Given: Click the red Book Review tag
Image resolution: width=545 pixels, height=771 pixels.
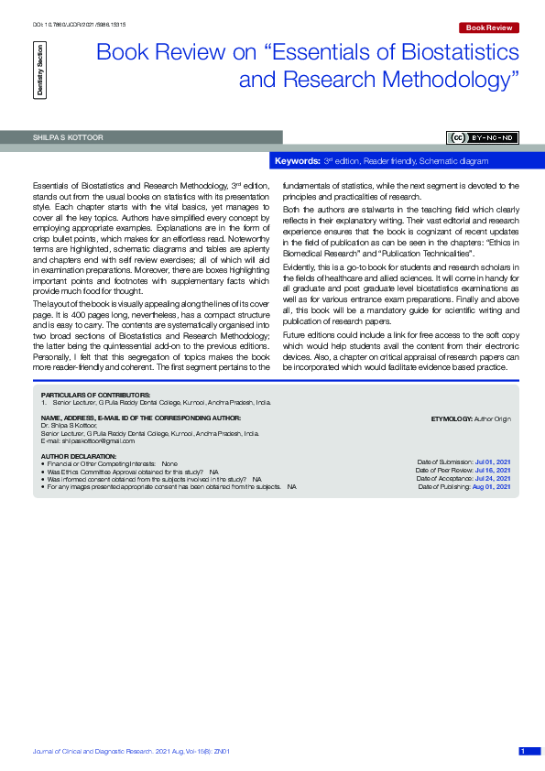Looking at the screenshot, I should tap(488, 28).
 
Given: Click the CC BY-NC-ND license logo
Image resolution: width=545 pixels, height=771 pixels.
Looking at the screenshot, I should tap(483, 137).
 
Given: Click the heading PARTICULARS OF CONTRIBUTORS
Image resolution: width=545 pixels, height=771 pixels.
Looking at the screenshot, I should tap(82, 394).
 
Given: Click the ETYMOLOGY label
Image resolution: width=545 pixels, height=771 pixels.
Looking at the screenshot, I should tap(452, 418).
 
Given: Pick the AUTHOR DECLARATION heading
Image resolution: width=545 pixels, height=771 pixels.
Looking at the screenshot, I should tap(79, 456).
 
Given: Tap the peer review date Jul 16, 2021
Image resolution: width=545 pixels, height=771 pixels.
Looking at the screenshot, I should tap(492, 471).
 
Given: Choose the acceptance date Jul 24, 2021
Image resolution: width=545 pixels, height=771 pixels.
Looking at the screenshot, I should tap(492, 479).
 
